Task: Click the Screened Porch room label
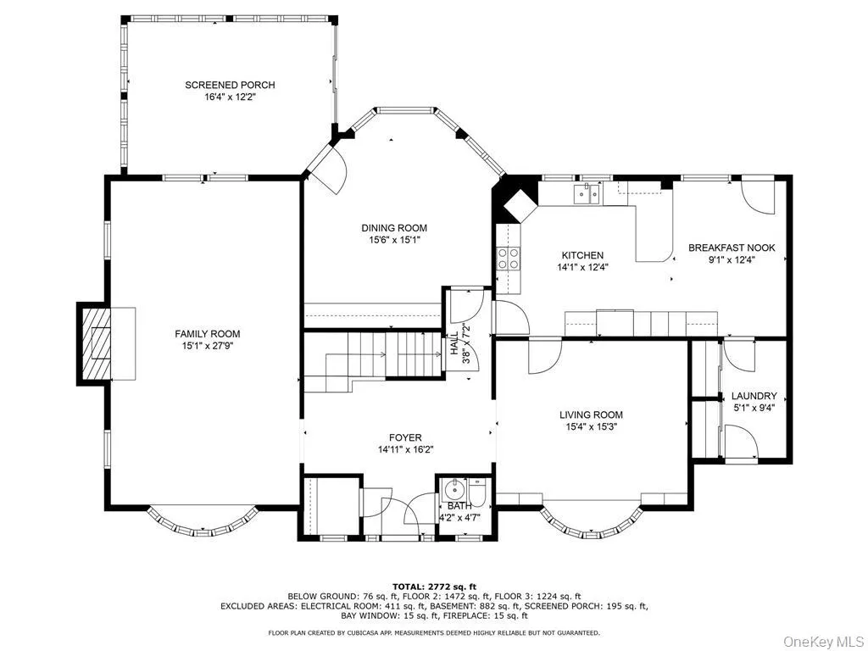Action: (230, 85)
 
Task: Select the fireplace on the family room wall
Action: (94, 342)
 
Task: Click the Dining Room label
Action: (394, 227)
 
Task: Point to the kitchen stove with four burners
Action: (509, 258)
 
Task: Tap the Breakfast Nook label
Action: (732, 248)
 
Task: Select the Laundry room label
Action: (754, 396)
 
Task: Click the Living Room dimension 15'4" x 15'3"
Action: (591, 427)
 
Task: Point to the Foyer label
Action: (405, 437)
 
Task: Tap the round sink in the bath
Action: (454, 488)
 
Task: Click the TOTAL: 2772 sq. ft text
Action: (434, 587)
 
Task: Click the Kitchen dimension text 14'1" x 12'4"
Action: (582, 267)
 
